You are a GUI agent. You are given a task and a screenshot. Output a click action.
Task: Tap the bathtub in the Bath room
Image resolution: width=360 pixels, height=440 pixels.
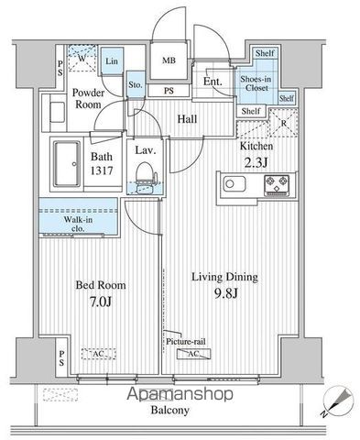point(67,164)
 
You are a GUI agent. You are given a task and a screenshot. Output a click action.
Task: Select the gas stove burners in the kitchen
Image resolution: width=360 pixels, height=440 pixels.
point(277,185)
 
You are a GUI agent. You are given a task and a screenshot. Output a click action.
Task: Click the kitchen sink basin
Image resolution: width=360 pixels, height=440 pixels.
point(235,184)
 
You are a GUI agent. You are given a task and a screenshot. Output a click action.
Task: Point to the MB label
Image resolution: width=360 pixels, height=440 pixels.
point(169,60)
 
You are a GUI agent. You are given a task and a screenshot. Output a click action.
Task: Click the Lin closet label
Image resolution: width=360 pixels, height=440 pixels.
point(112,61)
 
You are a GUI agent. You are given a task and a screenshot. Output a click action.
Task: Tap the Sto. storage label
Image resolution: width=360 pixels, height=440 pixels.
point(136,84)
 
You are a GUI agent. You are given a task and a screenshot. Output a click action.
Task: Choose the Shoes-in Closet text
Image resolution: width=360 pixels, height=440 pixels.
point(256,83)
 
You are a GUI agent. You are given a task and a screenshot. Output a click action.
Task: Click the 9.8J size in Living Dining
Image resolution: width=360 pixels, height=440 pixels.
point(225,293)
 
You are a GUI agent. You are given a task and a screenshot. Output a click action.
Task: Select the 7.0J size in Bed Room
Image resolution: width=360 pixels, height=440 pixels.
point(101,302)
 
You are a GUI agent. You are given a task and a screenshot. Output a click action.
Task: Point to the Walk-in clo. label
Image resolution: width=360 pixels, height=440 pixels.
point(78,224)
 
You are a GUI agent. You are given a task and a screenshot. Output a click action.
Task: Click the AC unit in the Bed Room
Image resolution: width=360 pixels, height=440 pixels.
point(99,354)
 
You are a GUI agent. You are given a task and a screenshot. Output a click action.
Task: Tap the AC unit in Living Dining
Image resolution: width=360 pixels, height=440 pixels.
point(193,354)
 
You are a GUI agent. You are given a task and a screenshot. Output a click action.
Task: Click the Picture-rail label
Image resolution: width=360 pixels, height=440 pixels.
point(186,341)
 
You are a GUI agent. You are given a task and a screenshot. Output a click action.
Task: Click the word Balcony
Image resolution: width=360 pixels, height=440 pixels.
point(170,410)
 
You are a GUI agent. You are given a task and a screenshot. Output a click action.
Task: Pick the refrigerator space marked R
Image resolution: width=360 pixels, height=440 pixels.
point(283,123)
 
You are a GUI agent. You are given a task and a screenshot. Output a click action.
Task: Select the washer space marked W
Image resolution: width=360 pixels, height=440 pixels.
point(82,58)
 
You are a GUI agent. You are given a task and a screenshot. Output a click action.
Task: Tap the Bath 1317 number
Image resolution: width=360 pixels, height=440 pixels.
point(102,170)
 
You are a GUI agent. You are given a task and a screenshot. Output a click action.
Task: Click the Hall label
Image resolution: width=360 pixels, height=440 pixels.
point(187,119)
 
